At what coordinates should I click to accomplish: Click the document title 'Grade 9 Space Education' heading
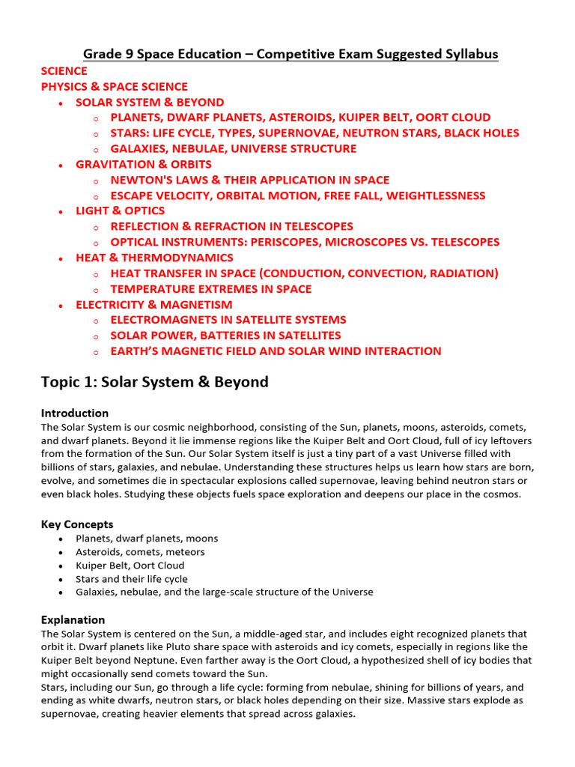290,55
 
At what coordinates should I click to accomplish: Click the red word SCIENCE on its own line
64,71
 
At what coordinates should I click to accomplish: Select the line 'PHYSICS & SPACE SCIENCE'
115,87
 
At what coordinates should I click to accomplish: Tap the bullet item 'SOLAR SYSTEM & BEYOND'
150,103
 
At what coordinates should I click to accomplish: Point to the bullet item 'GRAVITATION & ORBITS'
144,164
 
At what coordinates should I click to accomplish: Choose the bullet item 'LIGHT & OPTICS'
121,211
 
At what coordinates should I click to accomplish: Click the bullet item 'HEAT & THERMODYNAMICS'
154,258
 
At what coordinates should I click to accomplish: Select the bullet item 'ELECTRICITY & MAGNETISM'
154,305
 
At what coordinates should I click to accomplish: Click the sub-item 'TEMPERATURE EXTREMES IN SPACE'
211,289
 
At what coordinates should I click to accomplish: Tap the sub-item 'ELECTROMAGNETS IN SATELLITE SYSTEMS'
228,320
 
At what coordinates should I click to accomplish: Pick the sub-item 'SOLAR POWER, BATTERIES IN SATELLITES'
225,336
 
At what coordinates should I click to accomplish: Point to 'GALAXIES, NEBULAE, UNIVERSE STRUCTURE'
234,148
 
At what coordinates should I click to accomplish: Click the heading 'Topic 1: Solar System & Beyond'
155,382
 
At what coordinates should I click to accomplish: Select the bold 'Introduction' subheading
75,413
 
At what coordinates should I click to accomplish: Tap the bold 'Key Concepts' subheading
77,524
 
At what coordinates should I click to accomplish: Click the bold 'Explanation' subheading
73,620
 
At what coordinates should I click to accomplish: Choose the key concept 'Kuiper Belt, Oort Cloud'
130,566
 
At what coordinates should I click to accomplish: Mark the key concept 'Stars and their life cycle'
132,579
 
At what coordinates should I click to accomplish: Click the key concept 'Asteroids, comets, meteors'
140,552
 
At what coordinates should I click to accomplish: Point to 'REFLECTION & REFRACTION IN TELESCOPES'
232,226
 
